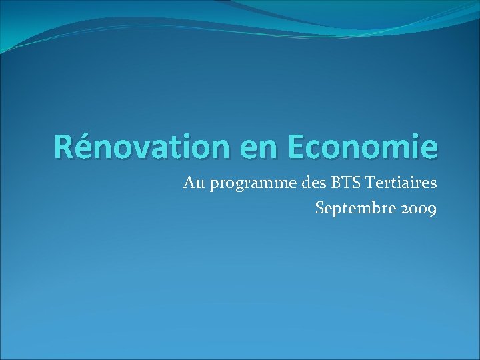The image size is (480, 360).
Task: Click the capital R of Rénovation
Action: [x=65, y=146]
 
